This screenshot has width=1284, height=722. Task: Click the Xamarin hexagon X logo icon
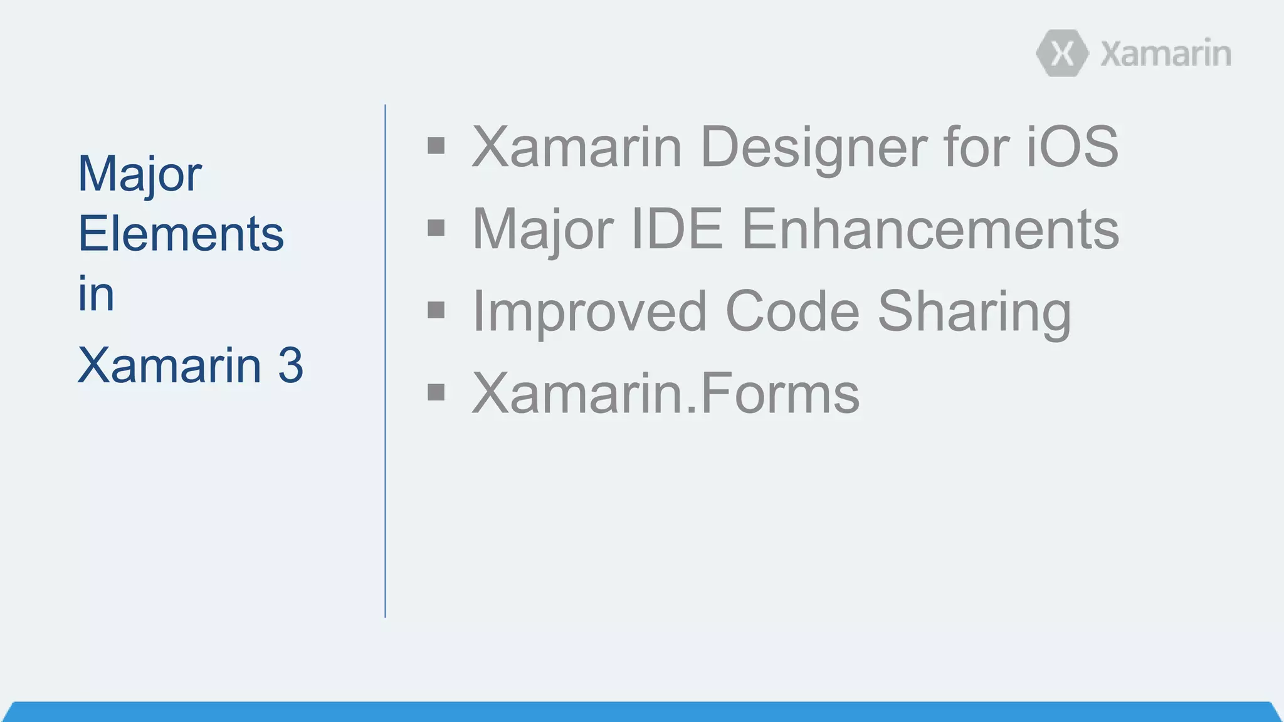(x=1062, y=53)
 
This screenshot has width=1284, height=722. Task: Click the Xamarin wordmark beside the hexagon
(x=1166, y=54)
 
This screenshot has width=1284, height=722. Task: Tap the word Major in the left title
(x=139, y=174)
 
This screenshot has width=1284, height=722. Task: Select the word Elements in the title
(x=181, y=234)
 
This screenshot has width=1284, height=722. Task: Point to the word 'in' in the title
(x=96, y=293)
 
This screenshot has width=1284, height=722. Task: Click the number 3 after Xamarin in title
(x=290, y=365)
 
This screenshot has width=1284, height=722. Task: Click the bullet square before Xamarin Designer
(x=436, y=146)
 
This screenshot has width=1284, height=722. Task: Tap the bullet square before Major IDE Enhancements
(x=436, y=228)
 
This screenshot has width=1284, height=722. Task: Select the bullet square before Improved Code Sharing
(x=436, y=310)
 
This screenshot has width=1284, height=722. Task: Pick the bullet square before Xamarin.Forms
(x=436, y=392)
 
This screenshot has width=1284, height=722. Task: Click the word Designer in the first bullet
(x=813, y=147)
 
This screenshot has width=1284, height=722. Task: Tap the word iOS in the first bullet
(x=1071, y=147)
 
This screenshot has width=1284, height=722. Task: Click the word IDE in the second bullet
(x=676, y=229)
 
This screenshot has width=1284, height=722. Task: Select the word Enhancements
(x=930, y=229)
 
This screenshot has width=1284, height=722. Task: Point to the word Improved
(x=589, y=311)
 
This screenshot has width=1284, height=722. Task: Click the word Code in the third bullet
(x=792, y=311)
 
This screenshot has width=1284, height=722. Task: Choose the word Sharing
(x=974, y=311)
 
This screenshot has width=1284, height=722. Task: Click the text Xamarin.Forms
(x=665, y=394)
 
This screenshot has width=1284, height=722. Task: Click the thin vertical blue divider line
(x=385, y=361)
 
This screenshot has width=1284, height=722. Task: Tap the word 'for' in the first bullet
(x=975, y=147)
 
